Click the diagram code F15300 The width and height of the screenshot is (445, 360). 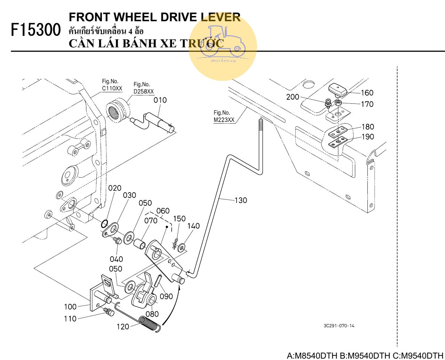coord(36,30)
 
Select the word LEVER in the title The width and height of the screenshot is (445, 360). coord(221,17)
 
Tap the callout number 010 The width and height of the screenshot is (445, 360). coord(160,100)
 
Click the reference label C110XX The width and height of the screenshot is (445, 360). coord(112,88)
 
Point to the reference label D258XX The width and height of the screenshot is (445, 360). coord(143,92)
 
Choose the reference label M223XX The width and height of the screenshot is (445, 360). coord(224,120)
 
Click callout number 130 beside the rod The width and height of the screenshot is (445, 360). coord(241,200)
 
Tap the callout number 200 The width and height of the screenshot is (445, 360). coord(293,97)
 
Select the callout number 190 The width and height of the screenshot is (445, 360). coord(368,137)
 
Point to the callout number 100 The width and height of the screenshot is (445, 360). coord(70,307)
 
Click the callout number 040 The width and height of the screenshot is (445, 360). coord(116,259)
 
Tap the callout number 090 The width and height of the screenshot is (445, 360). coord(166,296)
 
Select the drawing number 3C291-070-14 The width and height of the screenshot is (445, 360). coord(339,326)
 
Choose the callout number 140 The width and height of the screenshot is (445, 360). coord(193,226)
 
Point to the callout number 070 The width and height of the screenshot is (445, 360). coord(151,221)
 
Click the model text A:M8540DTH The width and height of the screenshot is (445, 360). coord(312,356)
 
